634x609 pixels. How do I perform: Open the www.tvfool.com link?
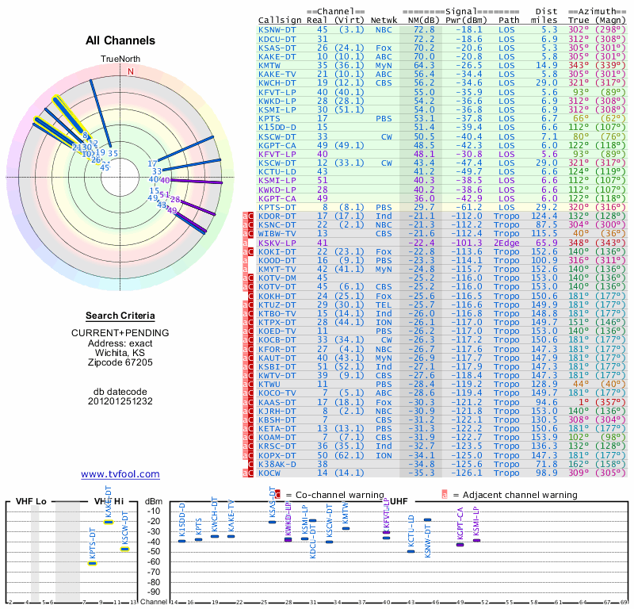120,474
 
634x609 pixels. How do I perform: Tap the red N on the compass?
131,71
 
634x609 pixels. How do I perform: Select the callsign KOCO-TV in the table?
277,392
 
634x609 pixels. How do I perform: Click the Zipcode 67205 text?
120,362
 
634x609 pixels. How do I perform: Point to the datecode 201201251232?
120,401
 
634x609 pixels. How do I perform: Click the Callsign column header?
279,19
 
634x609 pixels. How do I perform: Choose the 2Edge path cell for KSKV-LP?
507,243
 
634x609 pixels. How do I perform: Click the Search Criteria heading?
120,316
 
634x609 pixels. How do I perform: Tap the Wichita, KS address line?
120,352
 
